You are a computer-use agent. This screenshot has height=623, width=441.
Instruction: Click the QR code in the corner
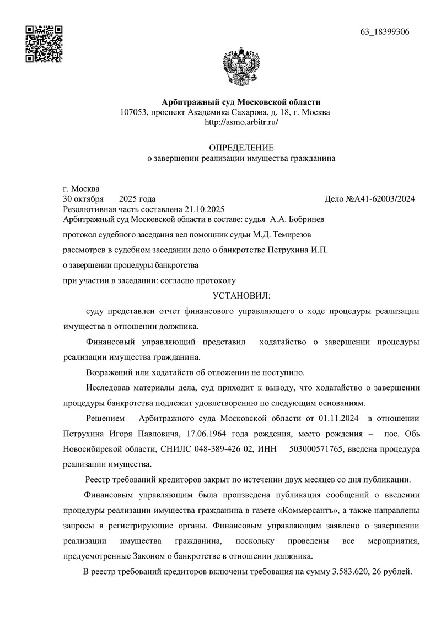[44, 44]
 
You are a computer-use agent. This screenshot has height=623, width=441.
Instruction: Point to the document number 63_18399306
[385, 31]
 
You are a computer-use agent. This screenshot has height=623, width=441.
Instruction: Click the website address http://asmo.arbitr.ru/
[241, 122]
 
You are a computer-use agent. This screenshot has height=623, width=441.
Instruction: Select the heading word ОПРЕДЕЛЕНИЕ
[241, 147]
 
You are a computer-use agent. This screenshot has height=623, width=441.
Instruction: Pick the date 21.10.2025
[205, 209]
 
